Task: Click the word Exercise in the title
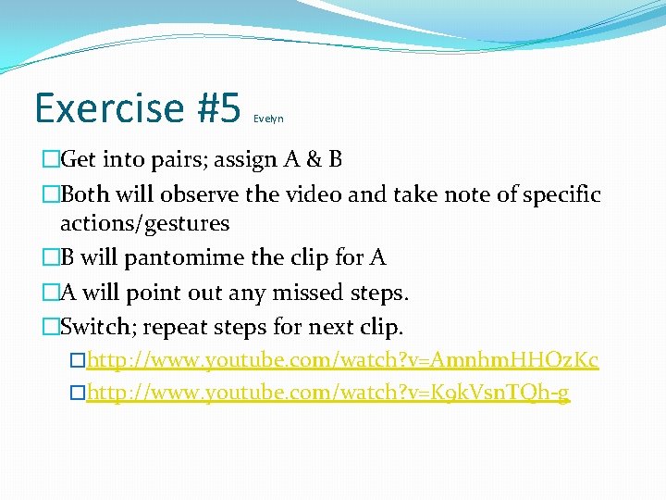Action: click(109, 108)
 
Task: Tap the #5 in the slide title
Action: click(218, 108)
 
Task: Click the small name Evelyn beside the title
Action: click(268, 119)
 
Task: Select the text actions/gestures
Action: click(144, 223)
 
